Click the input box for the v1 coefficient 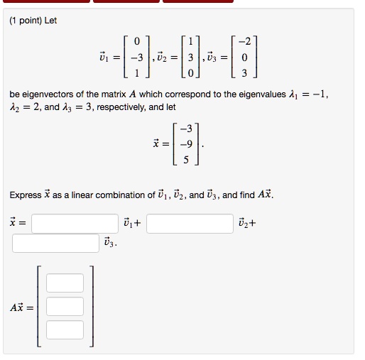click(x=75, y=224)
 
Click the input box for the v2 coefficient click(x=190, y=224)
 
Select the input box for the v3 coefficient click(x=55, y=243)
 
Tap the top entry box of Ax click(x=65, y=283)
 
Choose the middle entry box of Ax click(x=65, y=307)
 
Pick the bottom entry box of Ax click(x=65, y=329)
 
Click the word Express click(x=26, y=195)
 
